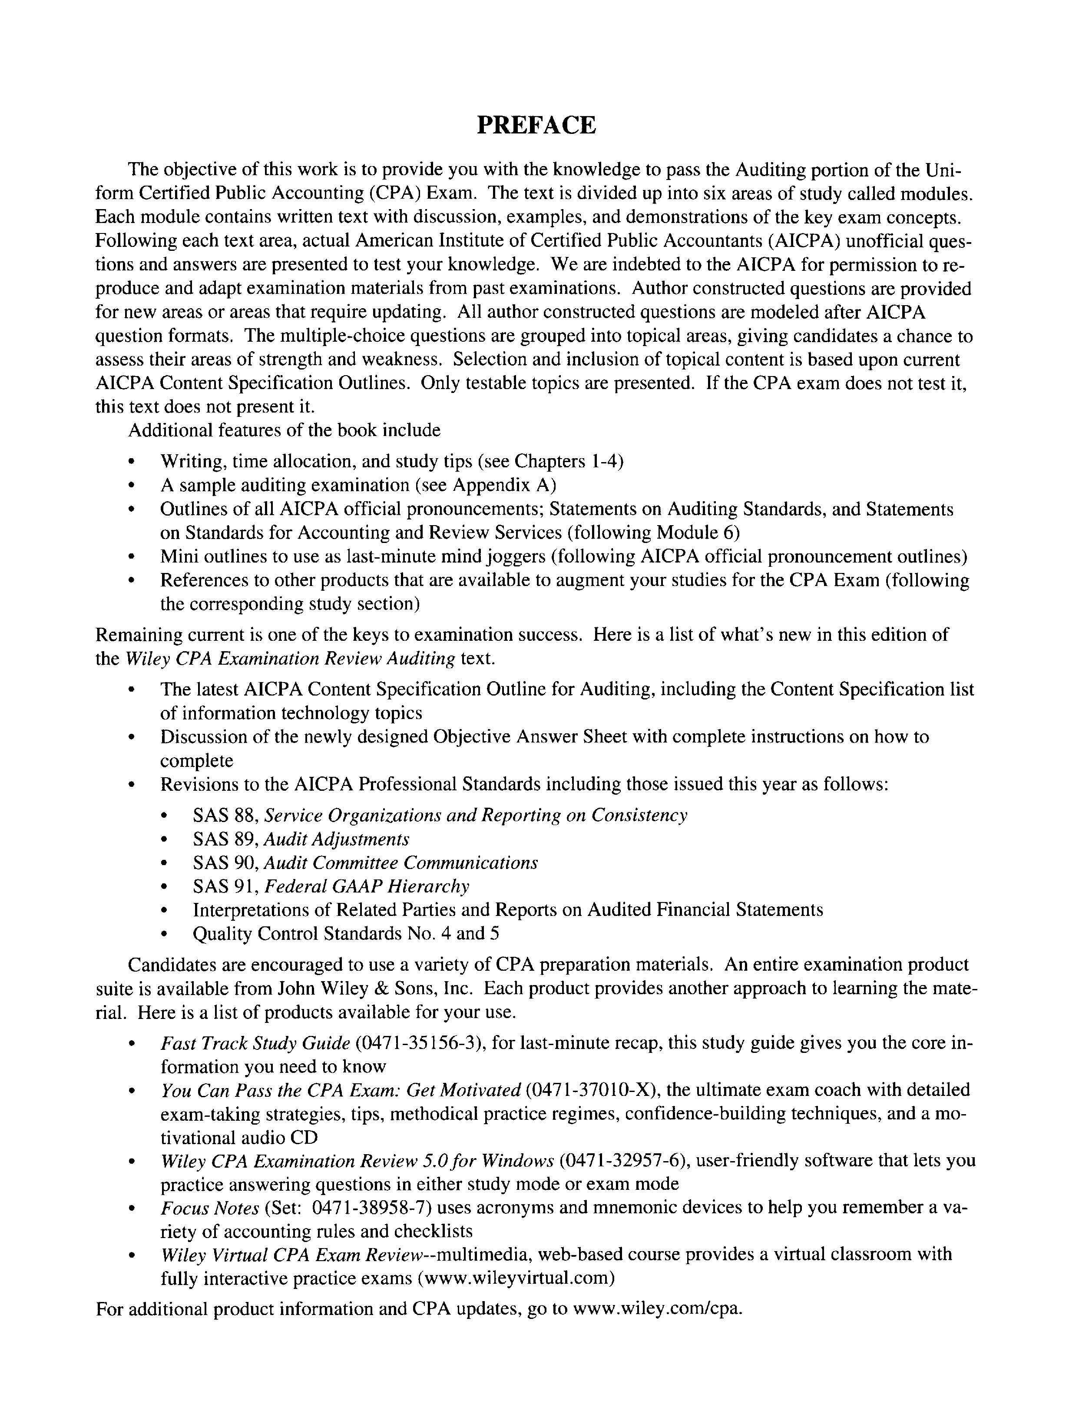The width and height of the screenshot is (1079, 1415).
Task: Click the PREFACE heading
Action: point(536,125)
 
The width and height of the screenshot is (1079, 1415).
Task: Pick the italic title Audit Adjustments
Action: point(337,839)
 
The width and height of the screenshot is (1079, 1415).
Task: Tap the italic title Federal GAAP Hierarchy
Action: point(367,887)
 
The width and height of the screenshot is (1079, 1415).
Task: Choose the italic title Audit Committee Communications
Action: point(401,863)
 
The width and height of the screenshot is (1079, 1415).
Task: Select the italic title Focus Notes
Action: point(209,1208)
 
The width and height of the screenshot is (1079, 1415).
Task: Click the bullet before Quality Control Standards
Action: point(165,934)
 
